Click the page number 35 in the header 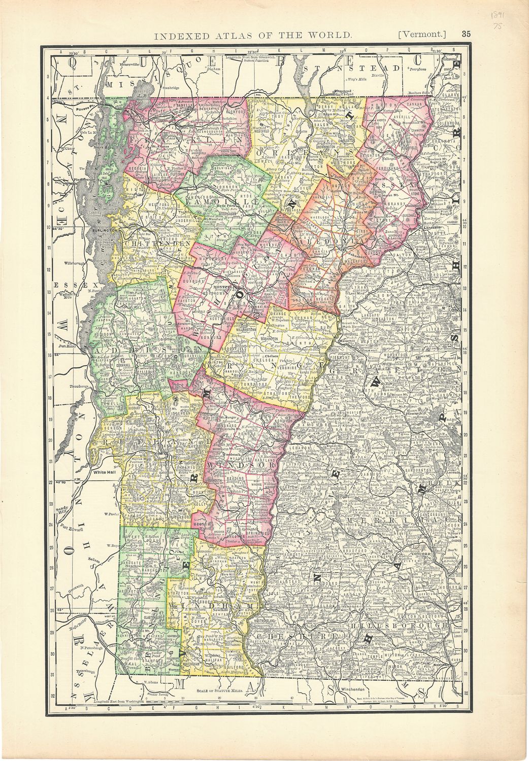coord(467,34)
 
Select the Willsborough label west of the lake coord(76,264)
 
